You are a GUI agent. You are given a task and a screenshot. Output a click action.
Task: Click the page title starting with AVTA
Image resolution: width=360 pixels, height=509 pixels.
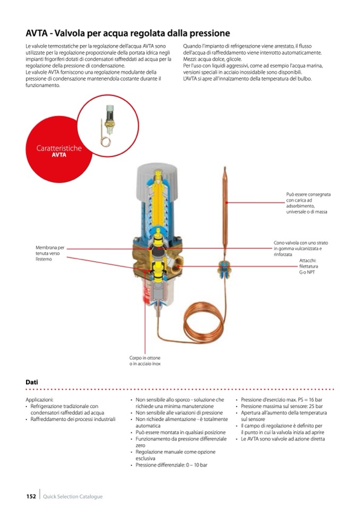128,33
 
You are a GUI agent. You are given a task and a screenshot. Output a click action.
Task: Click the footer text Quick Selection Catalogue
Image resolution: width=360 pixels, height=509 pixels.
73,496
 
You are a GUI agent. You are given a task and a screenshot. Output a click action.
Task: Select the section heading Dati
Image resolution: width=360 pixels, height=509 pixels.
31,382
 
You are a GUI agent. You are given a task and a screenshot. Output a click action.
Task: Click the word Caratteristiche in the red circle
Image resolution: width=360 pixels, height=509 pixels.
58,148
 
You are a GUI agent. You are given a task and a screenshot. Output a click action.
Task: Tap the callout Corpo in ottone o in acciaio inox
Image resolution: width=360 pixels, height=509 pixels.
145,361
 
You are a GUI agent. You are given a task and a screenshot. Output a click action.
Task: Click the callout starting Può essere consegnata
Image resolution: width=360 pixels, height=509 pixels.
308,203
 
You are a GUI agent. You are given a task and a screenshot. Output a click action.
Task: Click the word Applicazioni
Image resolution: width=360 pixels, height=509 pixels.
40,400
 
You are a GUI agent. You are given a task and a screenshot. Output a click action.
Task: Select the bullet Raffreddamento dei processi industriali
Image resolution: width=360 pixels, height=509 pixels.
73,419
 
